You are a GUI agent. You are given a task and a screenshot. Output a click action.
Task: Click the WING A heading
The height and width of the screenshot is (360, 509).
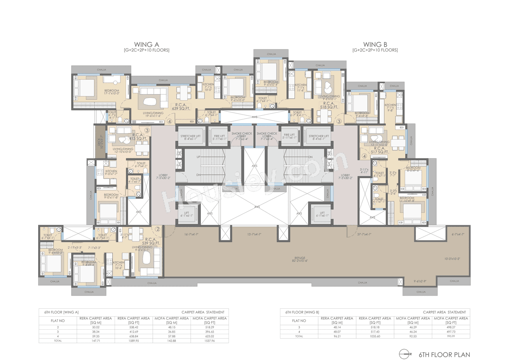[x=147, y=45]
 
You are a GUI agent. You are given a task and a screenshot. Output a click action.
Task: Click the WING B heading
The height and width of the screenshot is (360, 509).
[x=375, y=45]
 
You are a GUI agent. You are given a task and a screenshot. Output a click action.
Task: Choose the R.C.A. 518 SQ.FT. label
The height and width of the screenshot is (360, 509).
[x=330, y=105]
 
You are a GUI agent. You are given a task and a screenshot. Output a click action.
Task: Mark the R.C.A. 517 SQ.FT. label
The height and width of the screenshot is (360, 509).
[x=379, y=150]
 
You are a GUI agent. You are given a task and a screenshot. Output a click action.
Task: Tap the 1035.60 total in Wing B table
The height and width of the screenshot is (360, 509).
[x=375, y=336]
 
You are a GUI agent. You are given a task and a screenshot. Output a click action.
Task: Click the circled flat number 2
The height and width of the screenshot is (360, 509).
[x=157, y=229]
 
